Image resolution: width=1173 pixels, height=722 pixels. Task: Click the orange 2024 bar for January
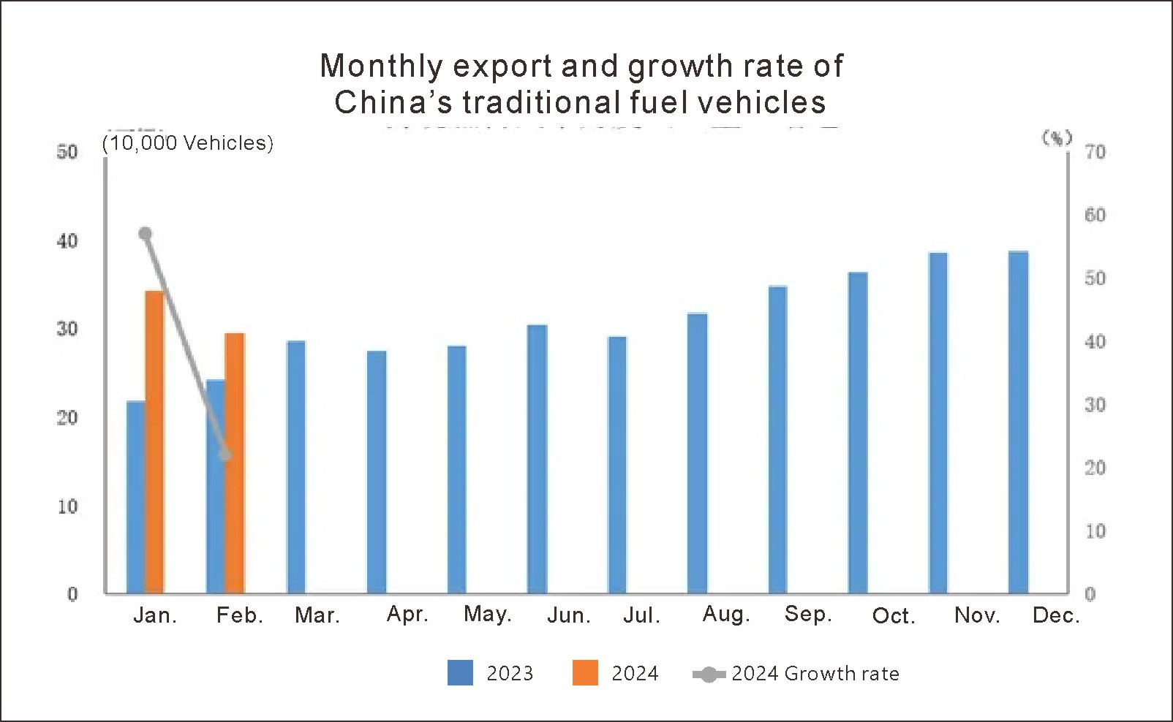[155, 441]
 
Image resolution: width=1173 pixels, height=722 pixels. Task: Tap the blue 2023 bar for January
[136, 497]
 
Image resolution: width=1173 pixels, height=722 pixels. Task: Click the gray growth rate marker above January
[145, 234]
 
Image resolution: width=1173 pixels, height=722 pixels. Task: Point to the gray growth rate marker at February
[225, 455]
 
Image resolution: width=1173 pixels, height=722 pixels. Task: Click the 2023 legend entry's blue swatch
[460, 672]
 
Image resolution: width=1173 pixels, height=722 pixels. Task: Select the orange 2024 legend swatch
[585, 672]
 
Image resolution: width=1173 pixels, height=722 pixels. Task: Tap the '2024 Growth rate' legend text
[815, 673]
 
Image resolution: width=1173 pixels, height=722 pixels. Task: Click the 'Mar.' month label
[317, 615]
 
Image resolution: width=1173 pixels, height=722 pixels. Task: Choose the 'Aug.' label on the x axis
[726, 614]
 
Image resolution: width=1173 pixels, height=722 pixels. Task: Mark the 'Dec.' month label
[1056, 615]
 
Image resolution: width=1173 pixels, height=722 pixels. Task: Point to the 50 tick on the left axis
[67, 152]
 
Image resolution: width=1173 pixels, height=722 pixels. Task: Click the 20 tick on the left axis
[67, 418]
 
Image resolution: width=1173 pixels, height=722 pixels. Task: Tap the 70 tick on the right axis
[1095, 152]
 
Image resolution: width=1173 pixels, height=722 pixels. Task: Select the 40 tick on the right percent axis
[1095, 341]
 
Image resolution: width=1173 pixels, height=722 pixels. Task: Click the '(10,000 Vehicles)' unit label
[188, 142]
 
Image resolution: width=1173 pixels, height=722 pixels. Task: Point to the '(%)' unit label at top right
[1057, 137]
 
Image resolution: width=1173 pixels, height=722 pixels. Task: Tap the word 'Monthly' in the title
[381, 66]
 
